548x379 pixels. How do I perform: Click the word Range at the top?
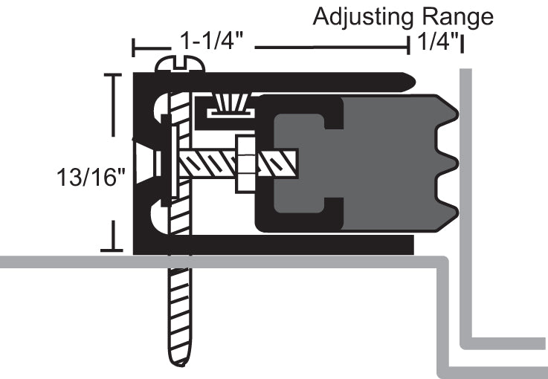coord(455,16)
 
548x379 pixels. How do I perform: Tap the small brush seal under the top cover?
coord(230,105)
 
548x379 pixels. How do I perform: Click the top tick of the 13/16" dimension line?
coord(112,74)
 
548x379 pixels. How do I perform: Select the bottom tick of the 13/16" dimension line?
coord(112,250)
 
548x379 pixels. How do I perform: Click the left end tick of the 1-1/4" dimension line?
coord(134,49)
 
